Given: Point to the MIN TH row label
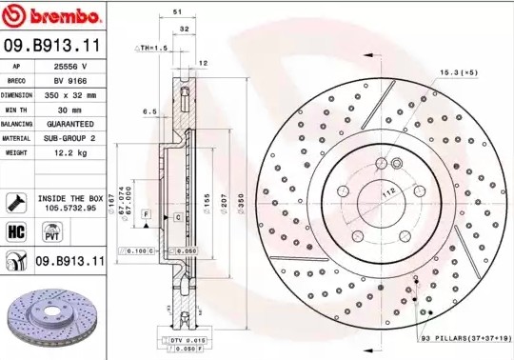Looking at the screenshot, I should pos(17,110).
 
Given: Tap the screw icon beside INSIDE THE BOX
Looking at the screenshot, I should pos(16,201).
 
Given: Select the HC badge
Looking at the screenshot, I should pos(16,230).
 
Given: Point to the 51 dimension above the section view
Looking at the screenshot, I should pos(177,11).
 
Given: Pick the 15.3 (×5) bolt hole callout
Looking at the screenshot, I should pos(458,71).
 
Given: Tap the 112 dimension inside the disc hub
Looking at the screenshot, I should pos(388,190).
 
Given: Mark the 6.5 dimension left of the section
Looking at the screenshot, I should pos(148,112).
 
